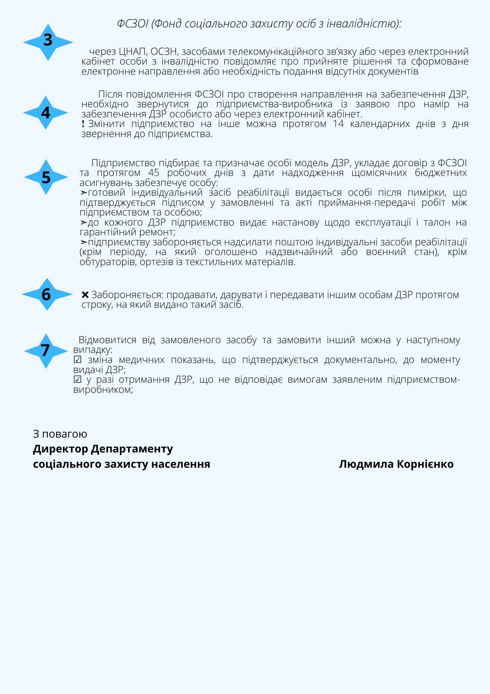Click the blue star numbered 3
[x=48, y=42]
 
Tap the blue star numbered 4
[x=45, y=113]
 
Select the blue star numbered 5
[x=46, y=177]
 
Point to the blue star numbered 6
[x=46, y=294]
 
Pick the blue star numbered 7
[x=46, y=351]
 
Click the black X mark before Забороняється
[x=85, y=295]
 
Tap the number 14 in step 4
[x=338, y=124]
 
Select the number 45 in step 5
[x=154, y=173]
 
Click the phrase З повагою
[x=60, y=434]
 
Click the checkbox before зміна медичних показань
[x=78, y=360]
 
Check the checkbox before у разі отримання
[x=78, y=380]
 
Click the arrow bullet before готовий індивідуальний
[x=84, y=193]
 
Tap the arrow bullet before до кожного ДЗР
[x=84, y=222]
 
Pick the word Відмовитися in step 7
[x=107, y=340]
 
